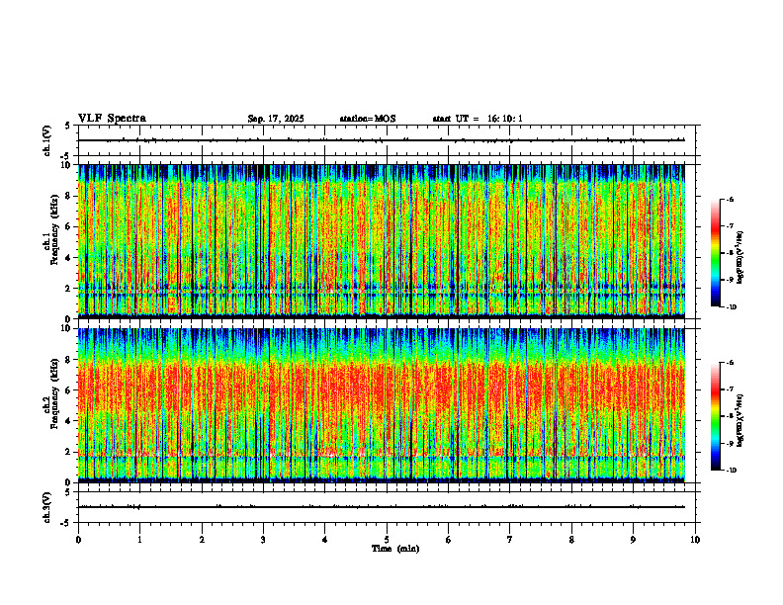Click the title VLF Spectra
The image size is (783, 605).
coord(112,119)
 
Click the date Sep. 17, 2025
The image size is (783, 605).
coord(276,119)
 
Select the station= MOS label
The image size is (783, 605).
coord(367,119)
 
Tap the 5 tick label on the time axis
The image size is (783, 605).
coord(387,539)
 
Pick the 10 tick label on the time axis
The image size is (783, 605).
coord(695,539)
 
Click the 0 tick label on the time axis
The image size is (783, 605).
coord(78,539)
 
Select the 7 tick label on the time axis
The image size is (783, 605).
coord(510,539)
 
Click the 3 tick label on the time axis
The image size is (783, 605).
coord(263,539)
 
